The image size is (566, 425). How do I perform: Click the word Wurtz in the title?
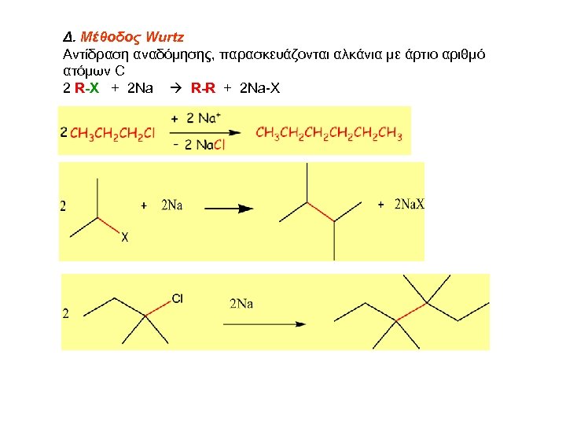tap(165, 37)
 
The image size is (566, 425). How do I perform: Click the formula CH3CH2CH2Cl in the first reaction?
tap(112, 134)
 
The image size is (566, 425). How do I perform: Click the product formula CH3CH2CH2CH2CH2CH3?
tap(329, 134)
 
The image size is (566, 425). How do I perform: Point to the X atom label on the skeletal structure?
tap(124, 238)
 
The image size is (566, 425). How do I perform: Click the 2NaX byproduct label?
tap(408, 205)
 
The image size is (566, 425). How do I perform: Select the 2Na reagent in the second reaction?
tap(171, 205)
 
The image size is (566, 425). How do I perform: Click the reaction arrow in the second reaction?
tap(230, 209)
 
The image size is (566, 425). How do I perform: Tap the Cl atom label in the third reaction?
tap(177, 298)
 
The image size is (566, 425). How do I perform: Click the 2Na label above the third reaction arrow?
tap(241, 304)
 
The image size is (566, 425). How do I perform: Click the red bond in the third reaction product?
tap(407, 313)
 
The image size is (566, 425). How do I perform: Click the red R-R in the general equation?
tap(203, 87)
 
